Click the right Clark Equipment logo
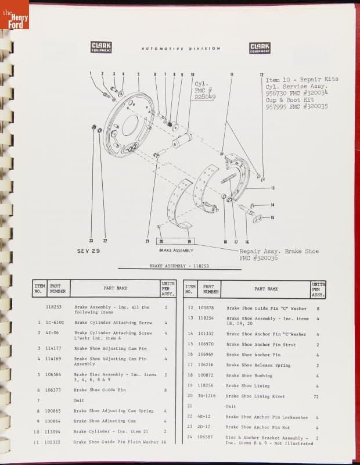point(260,48)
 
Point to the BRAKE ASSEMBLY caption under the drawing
point(176,250)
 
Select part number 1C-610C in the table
point(55,322)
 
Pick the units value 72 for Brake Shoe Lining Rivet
point(316,396)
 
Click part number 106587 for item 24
point(207,437)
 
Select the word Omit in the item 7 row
point(79,400)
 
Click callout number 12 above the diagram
point(262,75)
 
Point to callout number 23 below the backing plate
point(91,241)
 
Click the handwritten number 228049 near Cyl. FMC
point(205,97)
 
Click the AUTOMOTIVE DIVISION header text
point(181,49)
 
